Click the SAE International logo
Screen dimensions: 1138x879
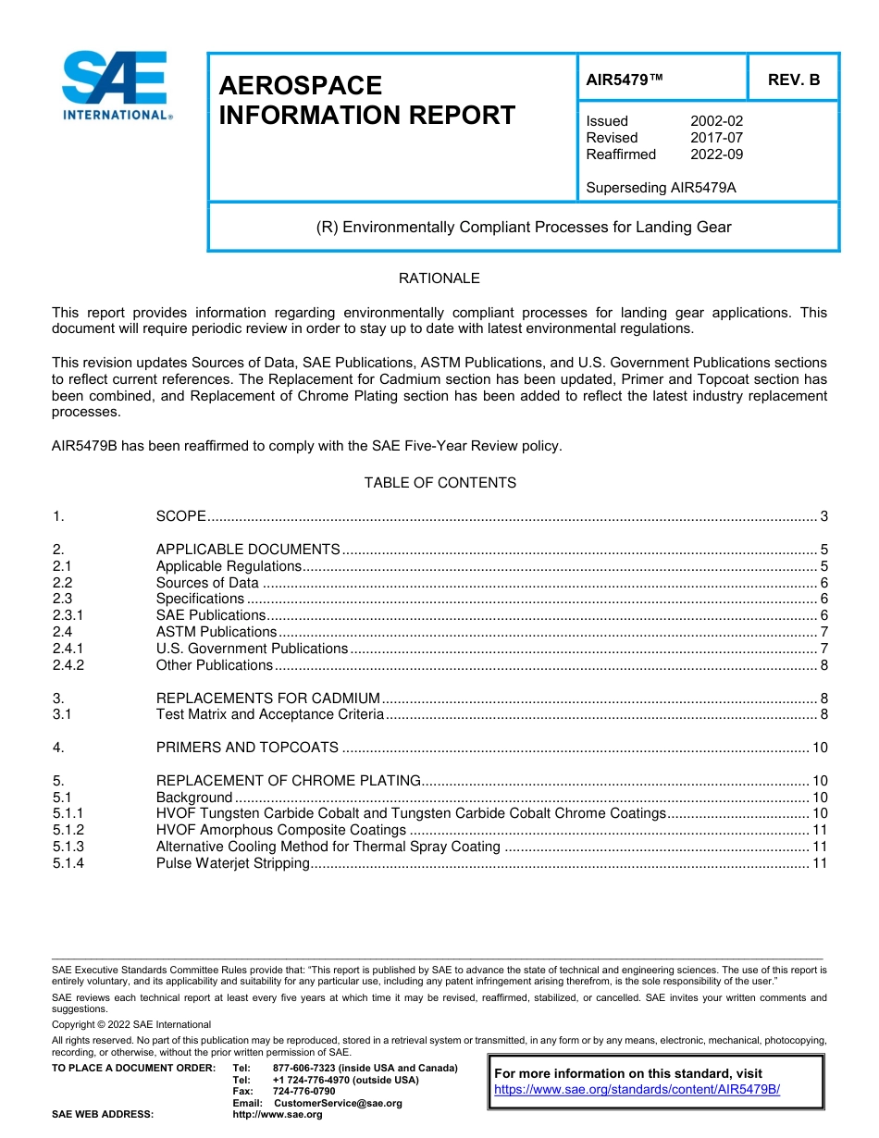click(116, 86)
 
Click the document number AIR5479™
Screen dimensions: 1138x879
click(625, 80)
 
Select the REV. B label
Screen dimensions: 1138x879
click(793, 80)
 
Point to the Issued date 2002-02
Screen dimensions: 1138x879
click(716, 121)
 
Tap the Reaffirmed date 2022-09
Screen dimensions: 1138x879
click(716, 155)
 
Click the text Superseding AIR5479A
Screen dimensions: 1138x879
click(661, 188)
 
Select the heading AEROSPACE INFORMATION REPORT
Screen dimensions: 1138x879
click(366, 101)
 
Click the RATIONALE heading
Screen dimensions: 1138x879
click(439, 278)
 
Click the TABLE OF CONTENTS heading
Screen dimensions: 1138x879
click(439, 483)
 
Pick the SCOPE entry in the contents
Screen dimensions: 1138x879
click(180, 516)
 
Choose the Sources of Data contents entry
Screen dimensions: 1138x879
click(207, 583)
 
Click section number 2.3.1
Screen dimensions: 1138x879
click(68, 615)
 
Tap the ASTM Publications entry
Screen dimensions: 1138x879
click(216, 632)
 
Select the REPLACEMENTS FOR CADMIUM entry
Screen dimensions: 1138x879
click(267, 699)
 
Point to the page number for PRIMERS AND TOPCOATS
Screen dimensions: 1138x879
click(819, 748)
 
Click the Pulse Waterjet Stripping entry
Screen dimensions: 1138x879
click(232, 863)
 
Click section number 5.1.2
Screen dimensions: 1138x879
click(68, 830)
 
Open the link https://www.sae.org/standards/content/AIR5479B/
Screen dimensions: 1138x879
click(637, 1090)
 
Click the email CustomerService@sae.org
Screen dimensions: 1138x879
click(338, 1103)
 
